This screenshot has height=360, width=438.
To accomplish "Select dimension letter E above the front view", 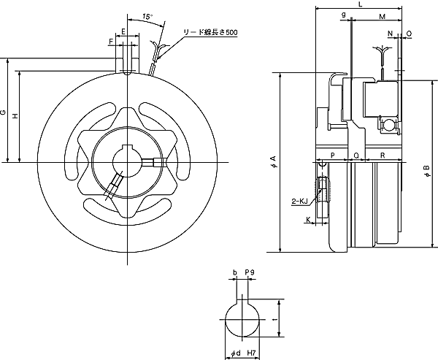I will (125, 31).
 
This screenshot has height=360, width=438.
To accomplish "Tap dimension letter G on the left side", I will (4, 112).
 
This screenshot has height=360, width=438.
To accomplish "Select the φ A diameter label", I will (273, 161).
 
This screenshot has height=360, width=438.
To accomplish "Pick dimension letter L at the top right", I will (360, 4).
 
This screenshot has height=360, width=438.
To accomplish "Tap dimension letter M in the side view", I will (383, 15).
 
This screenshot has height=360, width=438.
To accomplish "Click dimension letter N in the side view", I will (390, 34).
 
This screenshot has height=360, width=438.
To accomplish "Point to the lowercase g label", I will (343, 15).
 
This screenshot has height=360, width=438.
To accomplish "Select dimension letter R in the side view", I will (383, 156).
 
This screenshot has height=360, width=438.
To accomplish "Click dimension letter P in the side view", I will (332, 156).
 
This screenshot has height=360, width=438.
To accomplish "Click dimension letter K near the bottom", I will (307, 218).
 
